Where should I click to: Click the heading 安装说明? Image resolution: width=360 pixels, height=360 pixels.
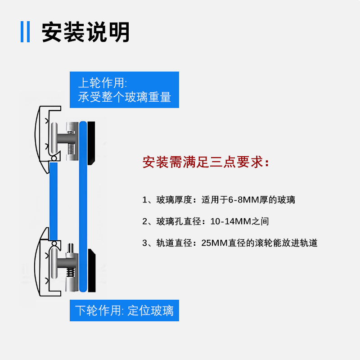[x=85, y=32]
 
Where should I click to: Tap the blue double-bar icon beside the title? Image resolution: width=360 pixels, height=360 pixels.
[x=25, y=32]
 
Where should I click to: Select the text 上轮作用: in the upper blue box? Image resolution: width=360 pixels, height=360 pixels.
[x=103, y=83]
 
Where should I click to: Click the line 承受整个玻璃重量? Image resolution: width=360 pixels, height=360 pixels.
[x=124, y=97]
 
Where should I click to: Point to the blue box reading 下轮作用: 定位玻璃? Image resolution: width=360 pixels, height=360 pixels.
[x=124, y=310]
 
